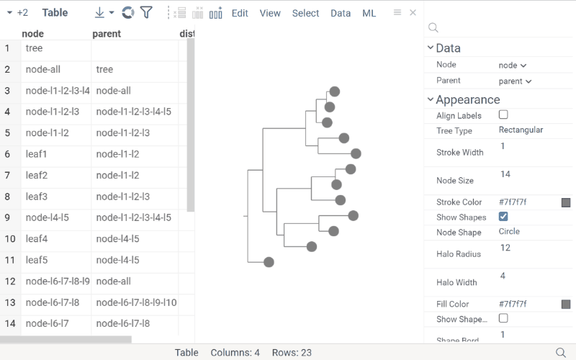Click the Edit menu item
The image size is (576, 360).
(x=240, y=13)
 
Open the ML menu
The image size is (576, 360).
(x=369, y=13)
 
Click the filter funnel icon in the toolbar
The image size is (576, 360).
(x=146, y=12)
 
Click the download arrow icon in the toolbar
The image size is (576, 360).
(x=100, y=13)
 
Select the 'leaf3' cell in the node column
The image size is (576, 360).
(x=36, y=197)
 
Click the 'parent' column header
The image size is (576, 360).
(x=107, y=34)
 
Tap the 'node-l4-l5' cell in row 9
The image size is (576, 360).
(x=46, y=217)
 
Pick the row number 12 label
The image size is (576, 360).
(x=9, y=282)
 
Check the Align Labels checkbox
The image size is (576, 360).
(x=503, y=115)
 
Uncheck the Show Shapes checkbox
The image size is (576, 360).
(x=503, y=217)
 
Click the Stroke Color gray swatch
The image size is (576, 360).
(x=566, y=203)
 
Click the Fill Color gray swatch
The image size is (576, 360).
(x=566, y=305)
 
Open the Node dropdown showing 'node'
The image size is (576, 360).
(x=512, y=66)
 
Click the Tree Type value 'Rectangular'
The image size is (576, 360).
(x=521, y=130)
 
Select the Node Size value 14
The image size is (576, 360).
(x=505, y=174)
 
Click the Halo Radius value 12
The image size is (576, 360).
(x=505, y=248)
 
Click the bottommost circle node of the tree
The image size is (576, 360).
(x=269, y=262)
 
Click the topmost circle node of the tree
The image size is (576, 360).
(x=334, y=91)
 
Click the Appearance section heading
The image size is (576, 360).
(x=467, y=100)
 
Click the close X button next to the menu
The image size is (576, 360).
(x=413, y=13)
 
